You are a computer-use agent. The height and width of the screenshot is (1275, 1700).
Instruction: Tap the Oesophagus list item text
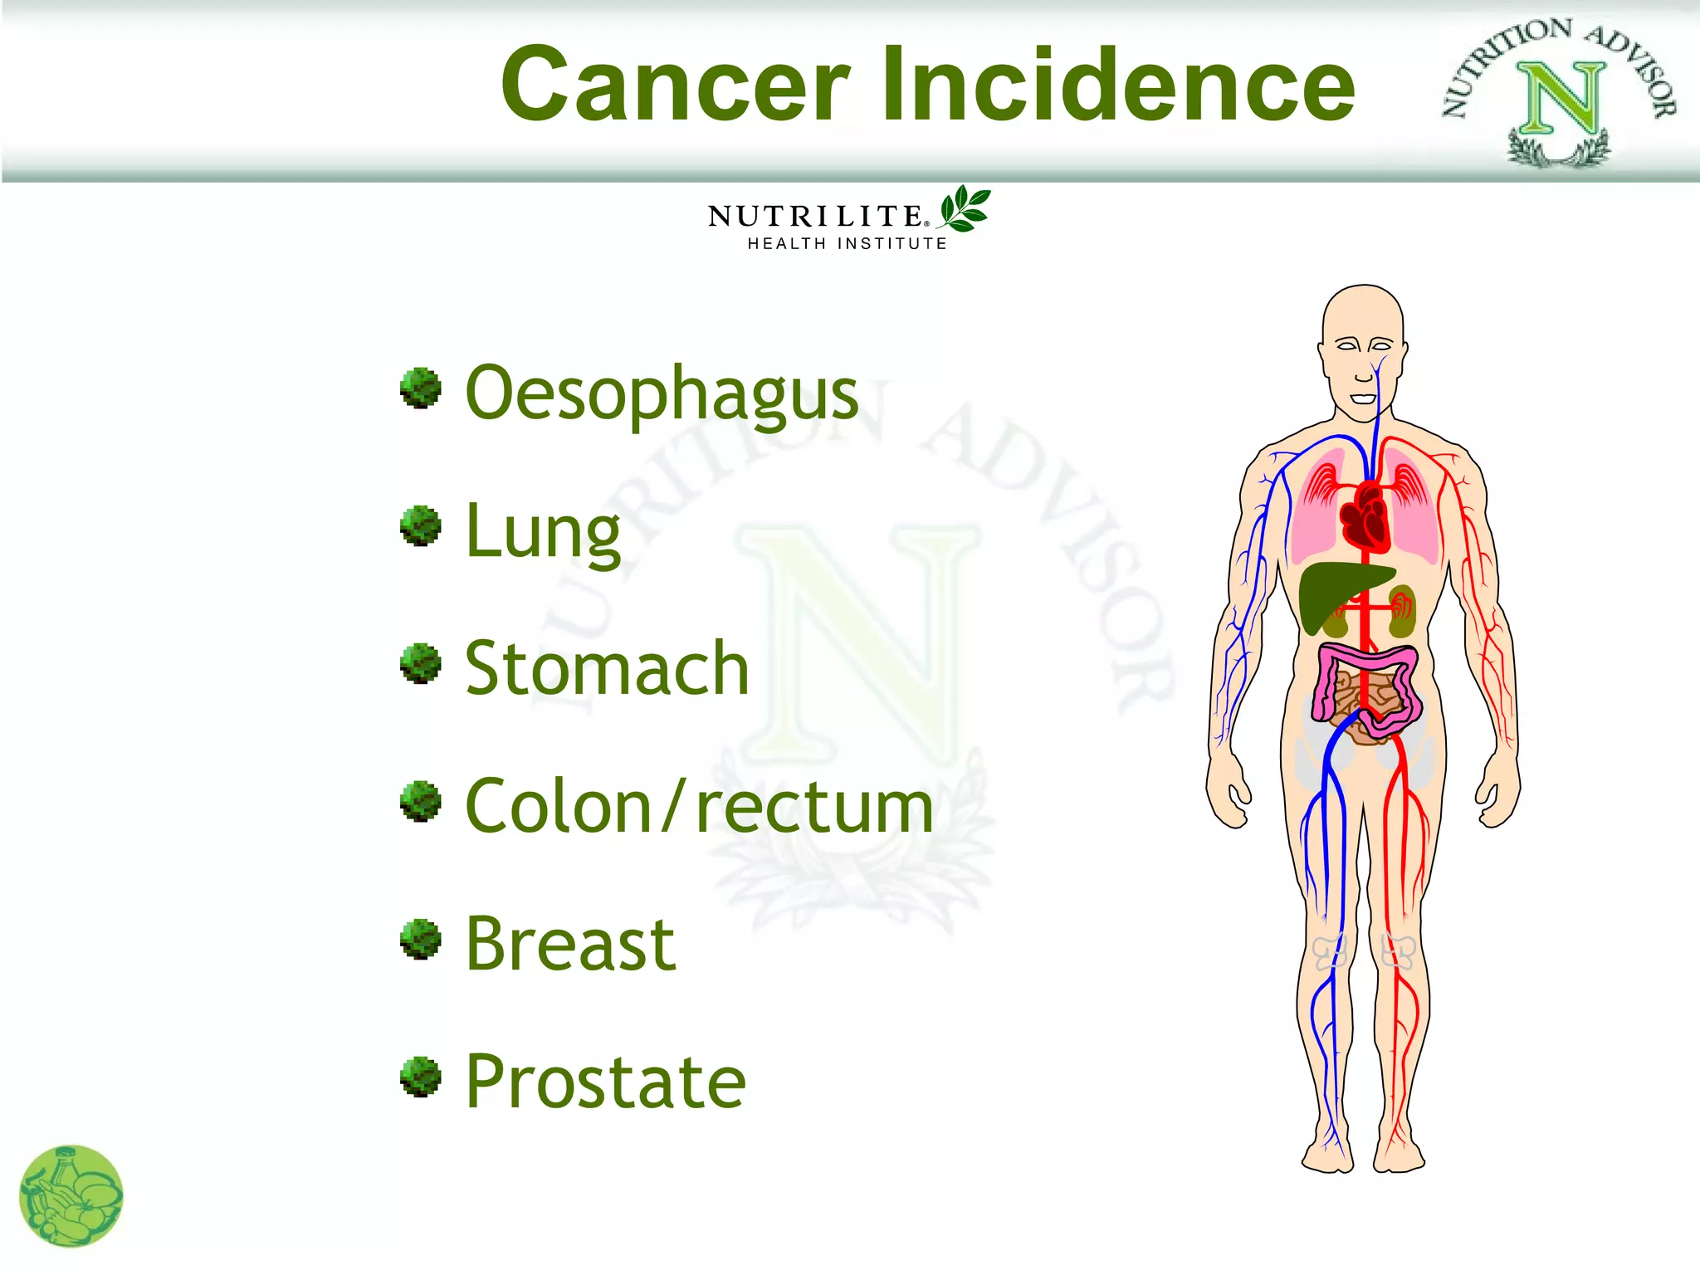click(662, 393)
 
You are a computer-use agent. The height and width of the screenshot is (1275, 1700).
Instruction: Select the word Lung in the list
click(543, 532)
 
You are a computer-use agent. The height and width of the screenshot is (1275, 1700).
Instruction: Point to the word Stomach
click(607, 668)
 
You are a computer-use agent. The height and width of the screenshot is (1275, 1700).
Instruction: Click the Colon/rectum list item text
click(699, 807)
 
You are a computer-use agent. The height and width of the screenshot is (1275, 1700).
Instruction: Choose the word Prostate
click(605, 1082)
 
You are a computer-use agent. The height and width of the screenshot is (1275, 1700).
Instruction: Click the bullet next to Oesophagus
click(421, 388)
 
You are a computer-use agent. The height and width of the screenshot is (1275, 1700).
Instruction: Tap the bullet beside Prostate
click(421, 1077)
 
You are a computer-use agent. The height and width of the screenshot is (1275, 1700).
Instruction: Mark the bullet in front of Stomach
click(421, 663)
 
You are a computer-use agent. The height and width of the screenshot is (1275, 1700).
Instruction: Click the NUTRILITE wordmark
click(815, 217)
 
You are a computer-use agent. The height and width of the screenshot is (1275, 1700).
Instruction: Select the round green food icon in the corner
click(71, 1196)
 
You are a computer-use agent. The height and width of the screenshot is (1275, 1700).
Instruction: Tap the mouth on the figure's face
click(1363, 398)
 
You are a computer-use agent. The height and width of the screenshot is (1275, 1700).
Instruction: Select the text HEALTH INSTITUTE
click(847, 244)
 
